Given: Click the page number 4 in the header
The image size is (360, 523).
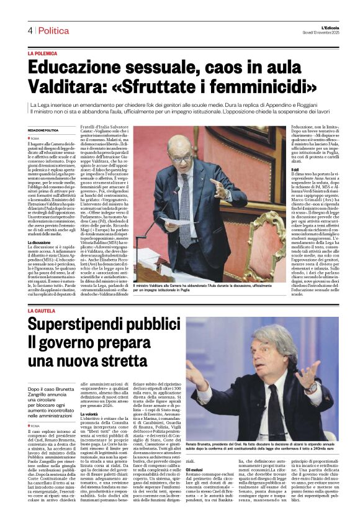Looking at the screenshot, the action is pos(29,30).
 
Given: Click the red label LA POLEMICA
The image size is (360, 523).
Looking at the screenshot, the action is pos(43,54).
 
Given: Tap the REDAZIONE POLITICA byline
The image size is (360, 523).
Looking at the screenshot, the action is pos(43,130).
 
